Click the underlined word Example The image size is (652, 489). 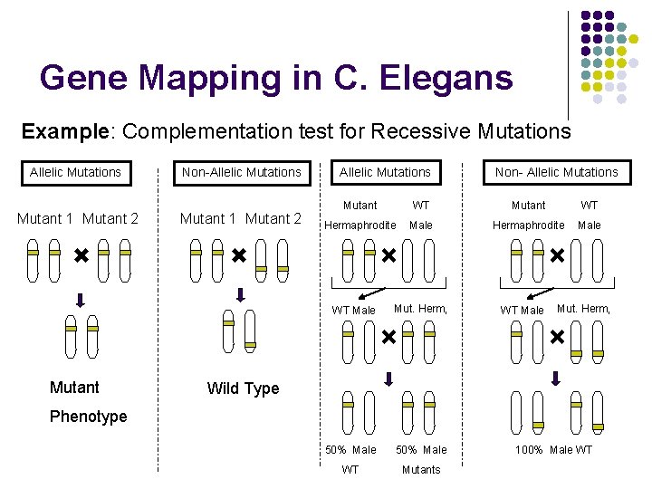coord(62,131)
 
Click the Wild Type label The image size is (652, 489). coord(243,388)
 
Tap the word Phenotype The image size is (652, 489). coord(88,417)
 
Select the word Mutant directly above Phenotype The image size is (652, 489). coord(74,388)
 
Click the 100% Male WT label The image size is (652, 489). coord(553,450)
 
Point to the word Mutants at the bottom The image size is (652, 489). coord(421,469)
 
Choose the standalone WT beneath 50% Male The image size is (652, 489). coord(350,469)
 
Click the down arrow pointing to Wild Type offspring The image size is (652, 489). coord(240,294)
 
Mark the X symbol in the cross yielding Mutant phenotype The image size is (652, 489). coord(81,258)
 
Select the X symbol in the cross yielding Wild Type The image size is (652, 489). coord(238,257)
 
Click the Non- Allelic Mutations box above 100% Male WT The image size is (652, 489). coord(556,172)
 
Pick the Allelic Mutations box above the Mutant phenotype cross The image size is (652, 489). coord(75,172)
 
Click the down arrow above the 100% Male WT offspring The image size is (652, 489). coord(556,378)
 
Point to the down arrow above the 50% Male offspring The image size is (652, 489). coord(388,379)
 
